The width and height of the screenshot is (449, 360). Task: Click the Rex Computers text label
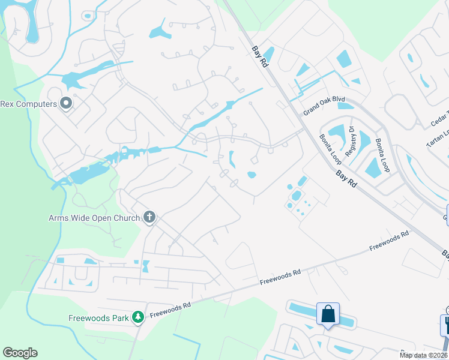[28, 104]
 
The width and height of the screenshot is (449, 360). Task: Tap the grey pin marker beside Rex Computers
[67, 104]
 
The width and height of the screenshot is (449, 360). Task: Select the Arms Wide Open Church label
[94, 218]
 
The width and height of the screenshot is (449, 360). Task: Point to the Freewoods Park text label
[99, 316]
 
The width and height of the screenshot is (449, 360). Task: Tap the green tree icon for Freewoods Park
[139, 316]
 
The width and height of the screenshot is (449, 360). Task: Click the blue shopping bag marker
[328, 314]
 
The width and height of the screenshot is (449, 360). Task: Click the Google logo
[20, 353]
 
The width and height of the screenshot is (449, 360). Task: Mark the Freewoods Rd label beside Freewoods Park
[170, 310]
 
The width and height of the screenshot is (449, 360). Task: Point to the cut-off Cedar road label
[441, 120]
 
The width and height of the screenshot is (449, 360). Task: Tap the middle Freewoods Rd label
[280, 277]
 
